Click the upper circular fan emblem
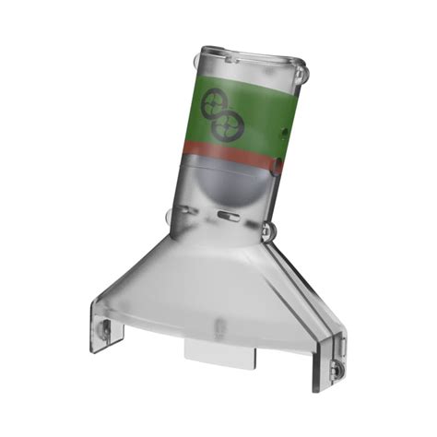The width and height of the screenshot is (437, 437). (215, 101)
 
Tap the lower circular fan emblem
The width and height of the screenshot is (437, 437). (227, 125)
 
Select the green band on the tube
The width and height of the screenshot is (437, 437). (263, 114)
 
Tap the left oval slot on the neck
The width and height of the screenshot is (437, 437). (191, 213)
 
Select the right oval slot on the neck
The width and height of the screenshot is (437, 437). (229, 218)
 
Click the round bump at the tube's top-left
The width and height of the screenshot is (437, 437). (195, 59)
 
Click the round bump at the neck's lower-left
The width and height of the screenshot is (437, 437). (170, 218)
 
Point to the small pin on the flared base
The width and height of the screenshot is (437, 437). (220, 325)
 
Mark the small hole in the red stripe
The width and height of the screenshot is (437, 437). (277, 165)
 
